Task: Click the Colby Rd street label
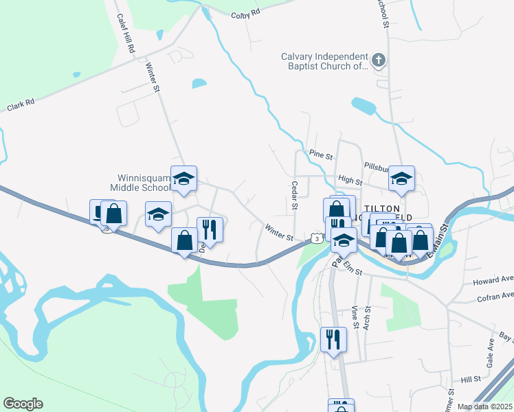pos(245,14)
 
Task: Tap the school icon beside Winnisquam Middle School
pos(183,179)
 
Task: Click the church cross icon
pos(378,62)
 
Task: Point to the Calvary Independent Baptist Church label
pos(325,62)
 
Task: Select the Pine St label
pos(320,153)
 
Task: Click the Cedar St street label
pos(294,195)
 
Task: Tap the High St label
pos(350,179)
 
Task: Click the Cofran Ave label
pos(495,296)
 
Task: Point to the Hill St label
pos(471,379)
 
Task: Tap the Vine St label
pos(355,317)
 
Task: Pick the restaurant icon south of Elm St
pos(333,340)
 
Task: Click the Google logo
pos(22,404)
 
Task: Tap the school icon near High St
pos(401,179)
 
